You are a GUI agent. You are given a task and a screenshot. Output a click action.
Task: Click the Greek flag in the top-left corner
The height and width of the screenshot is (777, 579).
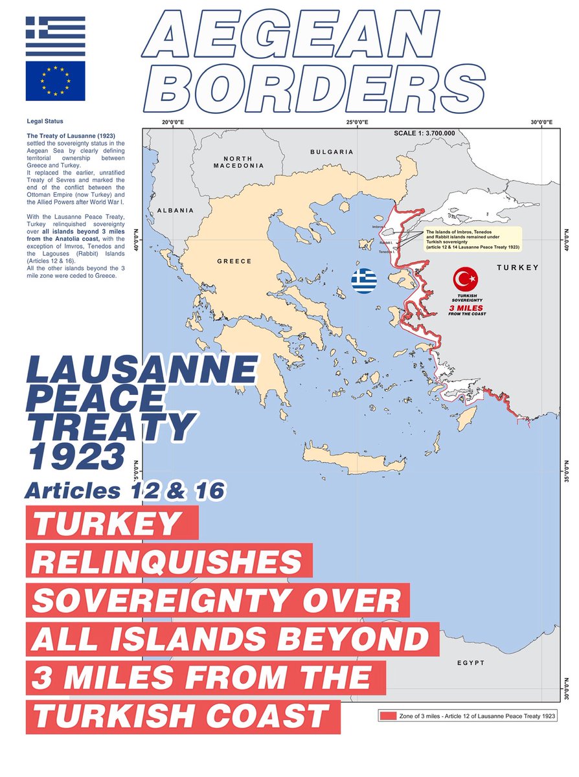tap(55, 36)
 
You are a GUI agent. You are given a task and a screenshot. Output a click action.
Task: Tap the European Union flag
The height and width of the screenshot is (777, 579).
tap(55, 81)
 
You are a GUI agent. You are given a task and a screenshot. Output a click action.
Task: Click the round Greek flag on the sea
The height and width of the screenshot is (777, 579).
tap(364, 280)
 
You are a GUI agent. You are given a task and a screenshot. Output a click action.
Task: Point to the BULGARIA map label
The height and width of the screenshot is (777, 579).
tap(332, 152)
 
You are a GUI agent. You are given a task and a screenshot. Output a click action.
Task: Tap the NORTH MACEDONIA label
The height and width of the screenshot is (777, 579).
tap(238, 162)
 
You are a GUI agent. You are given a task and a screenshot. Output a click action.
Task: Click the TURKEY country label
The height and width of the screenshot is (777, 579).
tap(519, 267)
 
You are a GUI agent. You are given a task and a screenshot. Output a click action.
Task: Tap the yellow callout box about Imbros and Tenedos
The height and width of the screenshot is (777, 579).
tap(473, 238)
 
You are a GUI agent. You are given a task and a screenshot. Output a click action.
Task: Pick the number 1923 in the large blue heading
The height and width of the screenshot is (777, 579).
tap(75, 457)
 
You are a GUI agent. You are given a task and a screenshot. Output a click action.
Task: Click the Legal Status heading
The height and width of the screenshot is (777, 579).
tap(45, 121)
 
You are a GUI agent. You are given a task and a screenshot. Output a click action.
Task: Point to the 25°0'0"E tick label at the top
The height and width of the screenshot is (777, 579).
tap(357, 122)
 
